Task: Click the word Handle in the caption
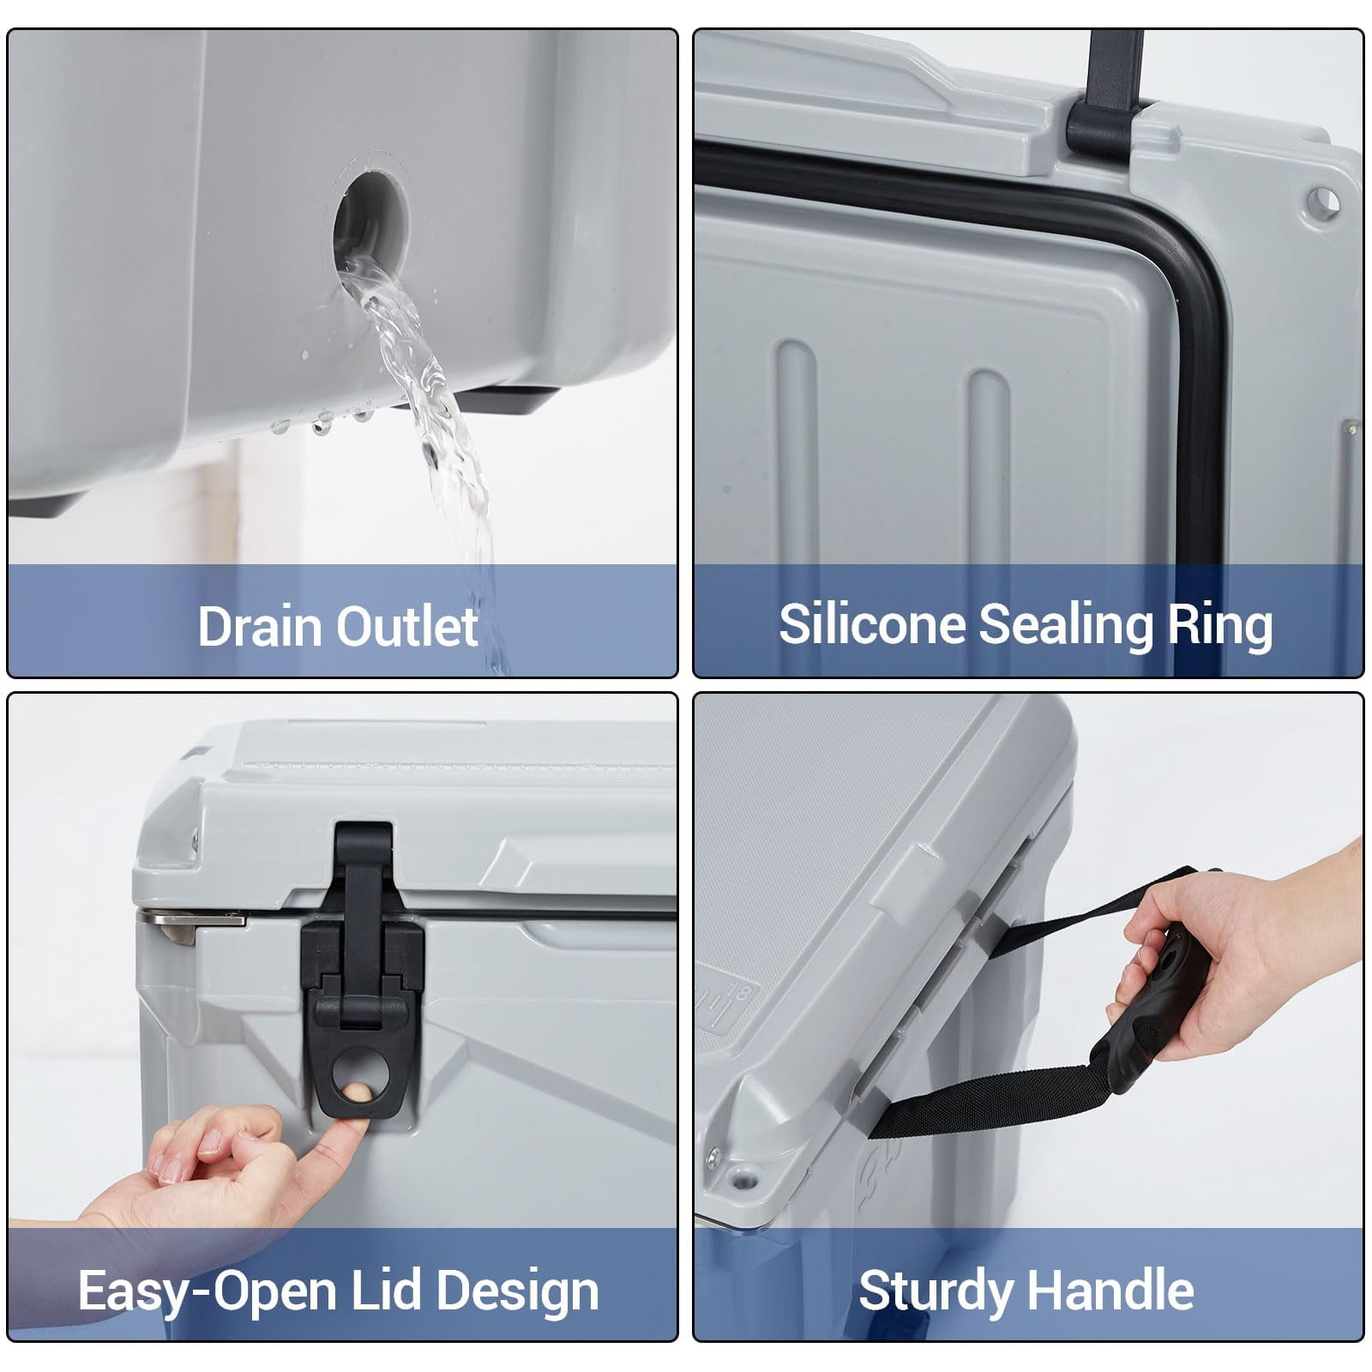coord(1110,1290)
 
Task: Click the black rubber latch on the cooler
coord(362,969)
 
